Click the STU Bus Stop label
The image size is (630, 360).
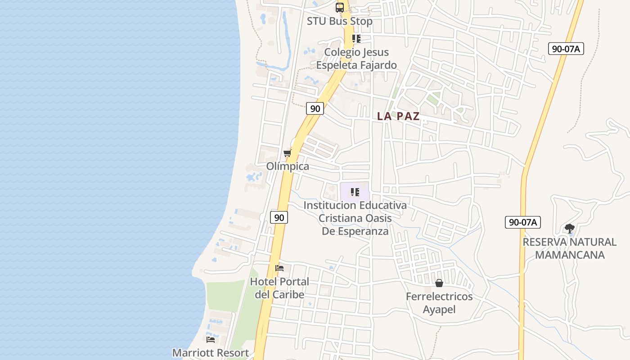click(340, 21)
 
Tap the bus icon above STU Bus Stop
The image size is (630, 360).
click(340, 8)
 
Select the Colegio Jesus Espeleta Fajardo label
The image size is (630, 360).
click(356, 58)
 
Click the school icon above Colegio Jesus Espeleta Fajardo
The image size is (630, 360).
click(356, 39)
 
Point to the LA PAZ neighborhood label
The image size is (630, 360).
click(398, 116)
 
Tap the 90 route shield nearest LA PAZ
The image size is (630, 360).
click(315, 108)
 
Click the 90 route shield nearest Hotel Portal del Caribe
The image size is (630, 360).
click(279, 217)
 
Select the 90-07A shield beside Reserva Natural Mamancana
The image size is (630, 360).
click(522, 222)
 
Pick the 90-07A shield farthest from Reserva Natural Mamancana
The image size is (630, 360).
click(566, 49)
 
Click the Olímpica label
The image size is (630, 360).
click(288, 166)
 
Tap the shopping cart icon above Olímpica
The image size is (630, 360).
click(287, 153)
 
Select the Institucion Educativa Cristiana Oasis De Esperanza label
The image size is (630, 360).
click(355, 218)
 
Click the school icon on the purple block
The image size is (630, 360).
click(355, 192)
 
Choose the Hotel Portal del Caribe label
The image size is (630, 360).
click(279, 288)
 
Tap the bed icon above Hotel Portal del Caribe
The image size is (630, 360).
click(279, 268)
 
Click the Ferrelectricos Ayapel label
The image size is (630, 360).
click(439, 303)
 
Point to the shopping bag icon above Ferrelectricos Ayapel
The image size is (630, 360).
click(439, 283)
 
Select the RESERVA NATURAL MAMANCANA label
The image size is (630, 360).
click(569, 248)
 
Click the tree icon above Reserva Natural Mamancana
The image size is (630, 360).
click(570, 228)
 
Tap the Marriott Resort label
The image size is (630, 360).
click(211, 353)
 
